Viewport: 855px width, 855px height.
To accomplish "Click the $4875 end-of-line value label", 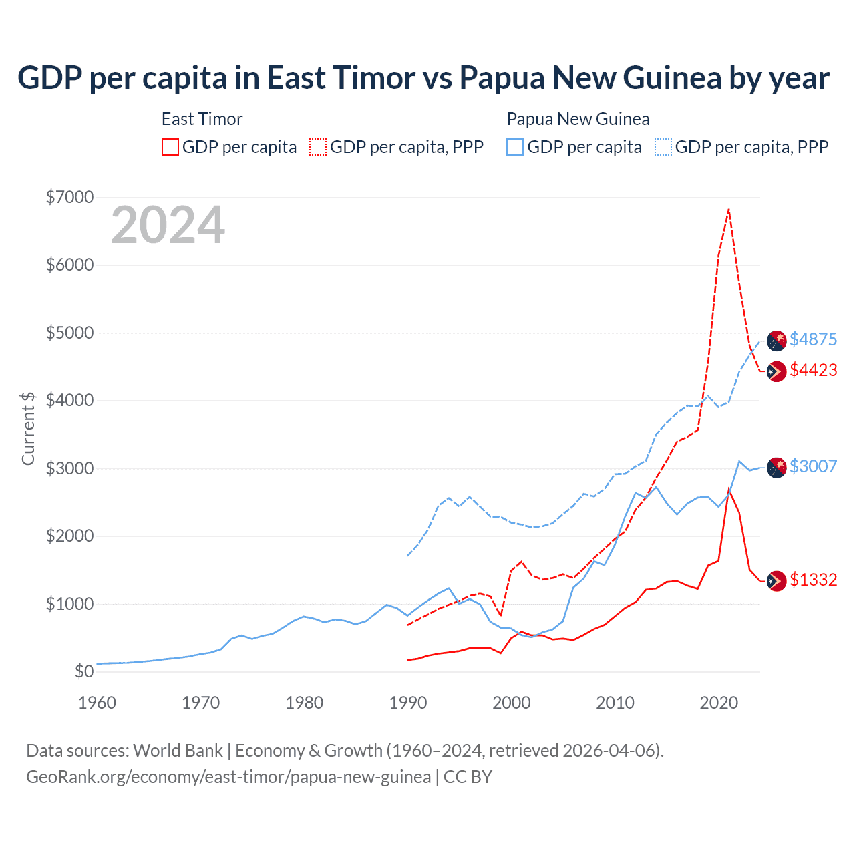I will [x=813, y=339].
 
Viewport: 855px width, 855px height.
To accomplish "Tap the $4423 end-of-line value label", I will [x=813, y=370].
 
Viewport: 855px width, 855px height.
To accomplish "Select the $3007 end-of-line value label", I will [x=813, y=466].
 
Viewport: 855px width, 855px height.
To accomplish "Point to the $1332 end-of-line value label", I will [x=813, y=580].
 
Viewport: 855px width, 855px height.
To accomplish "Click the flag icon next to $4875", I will [x=776, y=341].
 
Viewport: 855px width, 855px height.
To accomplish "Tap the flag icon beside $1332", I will [x=776, y=581].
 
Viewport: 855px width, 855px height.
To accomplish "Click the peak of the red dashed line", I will [x=729, y=209].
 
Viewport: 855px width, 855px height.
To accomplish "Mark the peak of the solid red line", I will [x=729, y=489].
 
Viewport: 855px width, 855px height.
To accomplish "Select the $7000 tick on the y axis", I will [x=69, y=197].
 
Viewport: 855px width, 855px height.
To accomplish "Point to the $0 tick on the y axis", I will [x=83, y=671].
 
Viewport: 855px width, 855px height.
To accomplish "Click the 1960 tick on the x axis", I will [x=98, y=703].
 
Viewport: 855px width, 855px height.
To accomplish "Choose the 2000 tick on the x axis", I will [x=512, y=703].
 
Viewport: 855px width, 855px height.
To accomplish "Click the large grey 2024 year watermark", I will [x=168, y=225].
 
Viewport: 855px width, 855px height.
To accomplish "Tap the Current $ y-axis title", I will [x=28, y=428].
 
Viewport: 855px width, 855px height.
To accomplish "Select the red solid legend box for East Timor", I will [x=170, y=147].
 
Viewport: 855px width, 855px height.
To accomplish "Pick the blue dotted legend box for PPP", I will [x=663, y=147].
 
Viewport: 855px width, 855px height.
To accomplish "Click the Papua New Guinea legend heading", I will [x=578, y=119].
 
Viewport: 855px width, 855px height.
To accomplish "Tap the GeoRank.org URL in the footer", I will [x=228, y=777].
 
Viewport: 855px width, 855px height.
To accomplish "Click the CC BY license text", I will [x=468, y=777].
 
